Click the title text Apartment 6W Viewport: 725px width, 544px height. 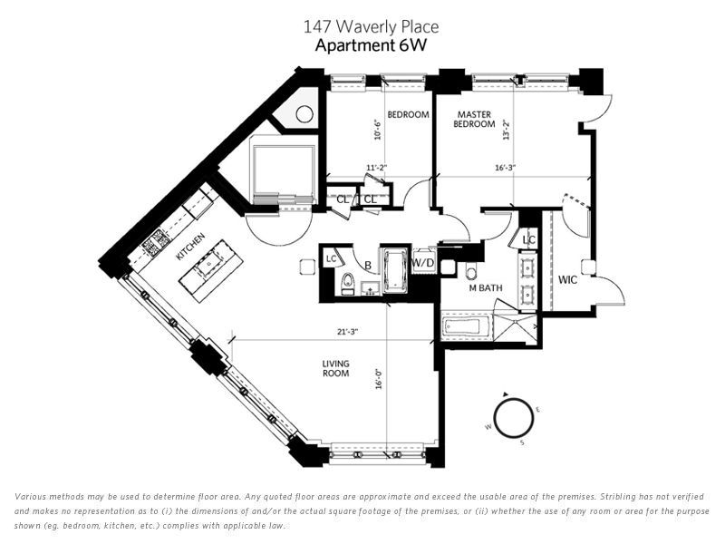point(371,46)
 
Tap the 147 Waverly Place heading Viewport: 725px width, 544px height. point(371,26)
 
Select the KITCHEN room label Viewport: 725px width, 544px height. point(190,247)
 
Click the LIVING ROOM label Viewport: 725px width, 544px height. point(335,368)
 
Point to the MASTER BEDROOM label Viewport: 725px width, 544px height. point(474,119)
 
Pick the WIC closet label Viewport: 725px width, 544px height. point(567,280)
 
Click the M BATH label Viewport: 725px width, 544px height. point(486,287)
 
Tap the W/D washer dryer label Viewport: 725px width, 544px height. point(423,263)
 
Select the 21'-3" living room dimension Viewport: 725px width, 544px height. point(348,332)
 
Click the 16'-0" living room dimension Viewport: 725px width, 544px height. point(379,378)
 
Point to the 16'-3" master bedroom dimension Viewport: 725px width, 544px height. point(505,168)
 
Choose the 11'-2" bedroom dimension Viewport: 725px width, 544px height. point(376,168)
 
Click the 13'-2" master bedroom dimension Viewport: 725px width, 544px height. point(507,130)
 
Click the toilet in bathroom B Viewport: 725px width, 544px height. point(347,283)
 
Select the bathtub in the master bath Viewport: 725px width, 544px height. point(462,326)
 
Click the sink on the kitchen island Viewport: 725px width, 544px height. point(208,264)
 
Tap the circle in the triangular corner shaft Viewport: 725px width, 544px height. point(304,114)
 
